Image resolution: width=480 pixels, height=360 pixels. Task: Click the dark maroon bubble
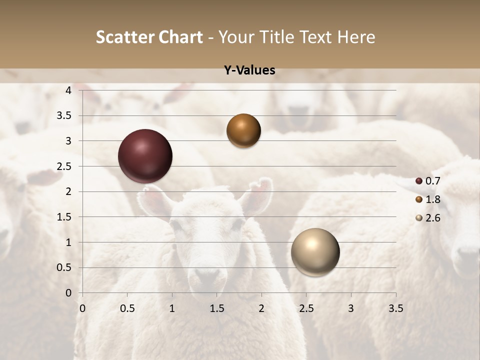pyautogui.click(x=145, y=156)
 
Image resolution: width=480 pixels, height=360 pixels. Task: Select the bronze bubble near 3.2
pyautogui.click(x=243, y=130)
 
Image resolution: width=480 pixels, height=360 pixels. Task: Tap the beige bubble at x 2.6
pyautogui.click(x=315, y=252)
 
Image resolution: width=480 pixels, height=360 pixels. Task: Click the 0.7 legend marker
pyautogui.click(x=419, y=181)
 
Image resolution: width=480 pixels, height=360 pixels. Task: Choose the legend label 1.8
pyautogui.click(x=432, y=199)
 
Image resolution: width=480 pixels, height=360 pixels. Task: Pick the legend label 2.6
pyautogui.click(x=432, y=218)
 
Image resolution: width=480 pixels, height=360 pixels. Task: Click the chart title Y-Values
pyautogui.click(x=249, y=70)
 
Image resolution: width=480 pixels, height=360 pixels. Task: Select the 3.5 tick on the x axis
pyautogui.click(x=395, y=308)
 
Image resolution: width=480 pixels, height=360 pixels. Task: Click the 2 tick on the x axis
pyautogui.click(x=261, y=308)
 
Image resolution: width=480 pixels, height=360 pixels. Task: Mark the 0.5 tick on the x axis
pyautogui.click(x=127, y=308)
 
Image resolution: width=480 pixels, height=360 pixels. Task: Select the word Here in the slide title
pyautogui.click(x=356, y=37)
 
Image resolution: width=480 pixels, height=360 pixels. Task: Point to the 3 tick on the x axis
pyautogui.click(x=351, y=308)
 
